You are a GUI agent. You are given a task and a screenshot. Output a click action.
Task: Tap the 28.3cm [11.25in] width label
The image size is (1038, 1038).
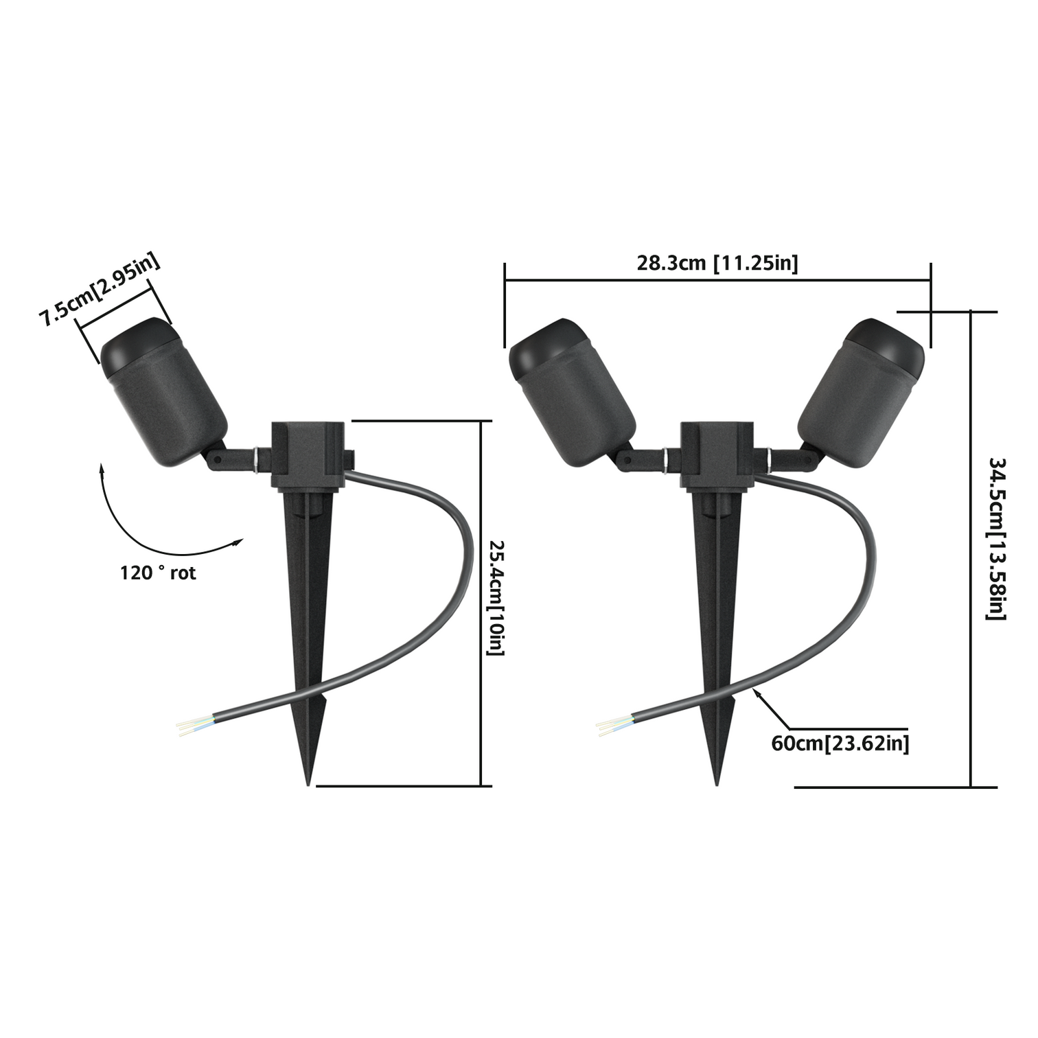[717, 263]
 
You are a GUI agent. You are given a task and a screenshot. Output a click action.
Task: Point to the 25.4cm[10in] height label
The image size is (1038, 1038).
[496, 597]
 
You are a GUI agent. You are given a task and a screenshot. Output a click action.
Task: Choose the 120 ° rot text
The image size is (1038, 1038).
[158, 573]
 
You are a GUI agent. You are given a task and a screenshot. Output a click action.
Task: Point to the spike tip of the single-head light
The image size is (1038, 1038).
[308, 781]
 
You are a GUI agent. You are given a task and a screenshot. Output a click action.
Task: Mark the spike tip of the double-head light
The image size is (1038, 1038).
[717, 781]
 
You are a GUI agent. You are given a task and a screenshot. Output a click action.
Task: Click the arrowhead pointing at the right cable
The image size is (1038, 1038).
[757, 693]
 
